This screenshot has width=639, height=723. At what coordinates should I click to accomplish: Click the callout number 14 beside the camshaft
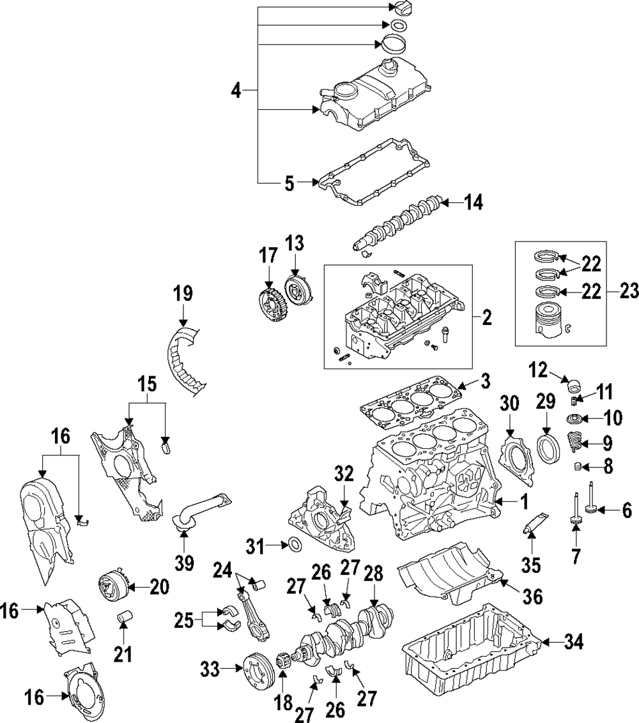(473, 203)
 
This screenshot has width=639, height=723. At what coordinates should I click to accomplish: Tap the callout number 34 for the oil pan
(574, 643)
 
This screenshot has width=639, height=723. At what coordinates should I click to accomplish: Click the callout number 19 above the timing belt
(183, 294)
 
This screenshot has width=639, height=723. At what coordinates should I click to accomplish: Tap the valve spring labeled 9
(576, 443)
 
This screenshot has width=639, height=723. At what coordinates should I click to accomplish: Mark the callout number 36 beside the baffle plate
(533, 597)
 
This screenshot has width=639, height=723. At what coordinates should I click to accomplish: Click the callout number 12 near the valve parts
(539, 369)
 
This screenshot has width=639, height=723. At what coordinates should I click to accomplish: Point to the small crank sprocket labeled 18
(283, 671)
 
